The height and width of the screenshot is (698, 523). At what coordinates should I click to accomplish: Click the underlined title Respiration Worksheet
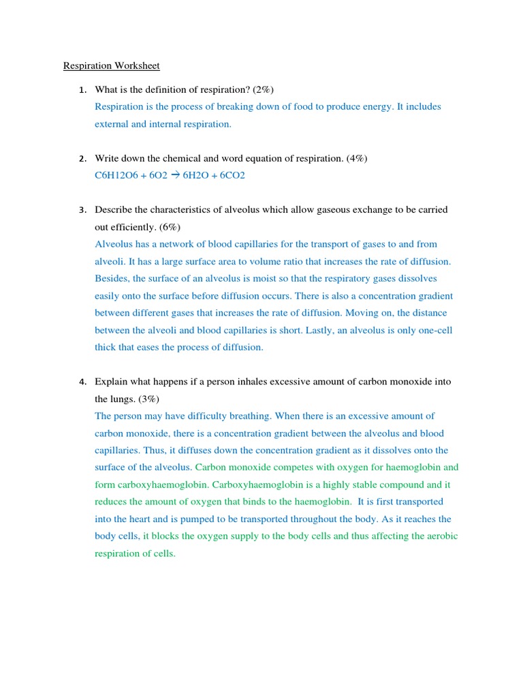tap(112, 66)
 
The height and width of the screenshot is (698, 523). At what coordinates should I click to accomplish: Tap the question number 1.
tap(82, 90)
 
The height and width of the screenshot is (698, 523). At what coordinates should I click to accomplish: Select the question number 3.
tap(82, 210)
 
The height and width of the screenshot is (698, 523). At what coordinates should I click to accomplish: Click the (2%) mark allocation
tap(263, 90)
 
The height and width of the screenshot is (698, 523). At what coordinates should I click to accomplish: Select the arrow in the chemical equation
tap(175, 175)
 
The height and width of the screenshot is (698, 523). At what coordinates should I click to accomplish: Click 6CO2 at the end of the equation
tap(232, 175)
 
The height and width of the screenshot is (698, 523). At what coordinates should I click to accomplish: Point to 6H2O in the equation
tap(197, 175)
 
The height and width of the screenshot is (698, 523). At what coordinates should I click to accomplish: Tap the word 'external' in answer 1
tap(111, 124)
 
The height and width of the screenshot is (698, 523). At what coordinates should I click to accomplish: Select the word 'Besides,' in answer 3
tap(112, 279)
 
